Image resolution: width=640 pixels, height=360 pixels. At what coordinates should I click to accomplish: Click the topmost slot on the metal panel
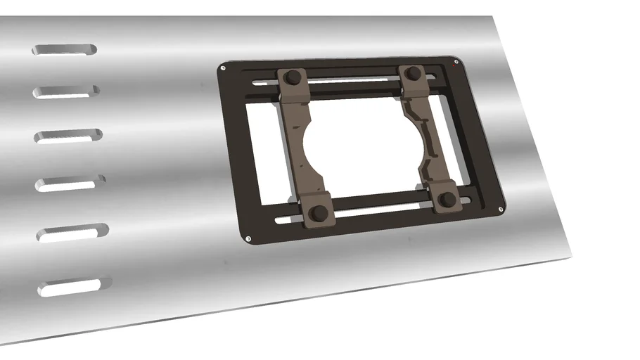(65, 50)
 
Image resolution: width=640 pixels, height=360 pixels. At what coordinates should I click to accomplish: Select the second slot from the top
(68, 91)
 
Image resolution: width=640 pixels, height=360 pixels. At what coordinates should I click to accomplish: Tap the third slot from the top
(69, 135)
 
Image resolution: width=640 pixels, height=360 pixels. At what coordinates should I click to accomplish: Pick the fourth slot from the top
(70, 184)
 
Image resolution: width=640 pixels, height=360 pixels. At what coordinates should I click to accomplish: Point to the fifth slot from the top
(73, 233)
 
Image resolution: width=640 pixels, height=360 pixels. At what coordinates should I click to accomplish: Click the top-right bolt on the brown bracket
(414, 72)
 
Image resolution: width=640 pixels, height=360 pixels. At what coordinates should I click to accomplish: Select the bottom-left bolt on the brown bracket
(318, 212)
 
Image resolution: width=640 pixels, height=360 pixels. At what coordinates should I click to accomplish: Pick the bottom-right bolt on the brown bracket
(447, 200)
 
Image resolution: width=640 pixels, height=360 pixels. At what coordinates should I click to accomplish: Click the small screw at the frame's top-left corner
(223, 68)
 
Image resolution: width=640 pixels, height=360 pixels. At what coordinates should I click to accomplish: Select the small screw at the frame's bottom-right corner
(500, 209)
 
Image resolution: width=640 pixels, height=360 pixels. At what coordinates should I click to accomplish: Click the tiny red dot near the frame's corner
(458, 69)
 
